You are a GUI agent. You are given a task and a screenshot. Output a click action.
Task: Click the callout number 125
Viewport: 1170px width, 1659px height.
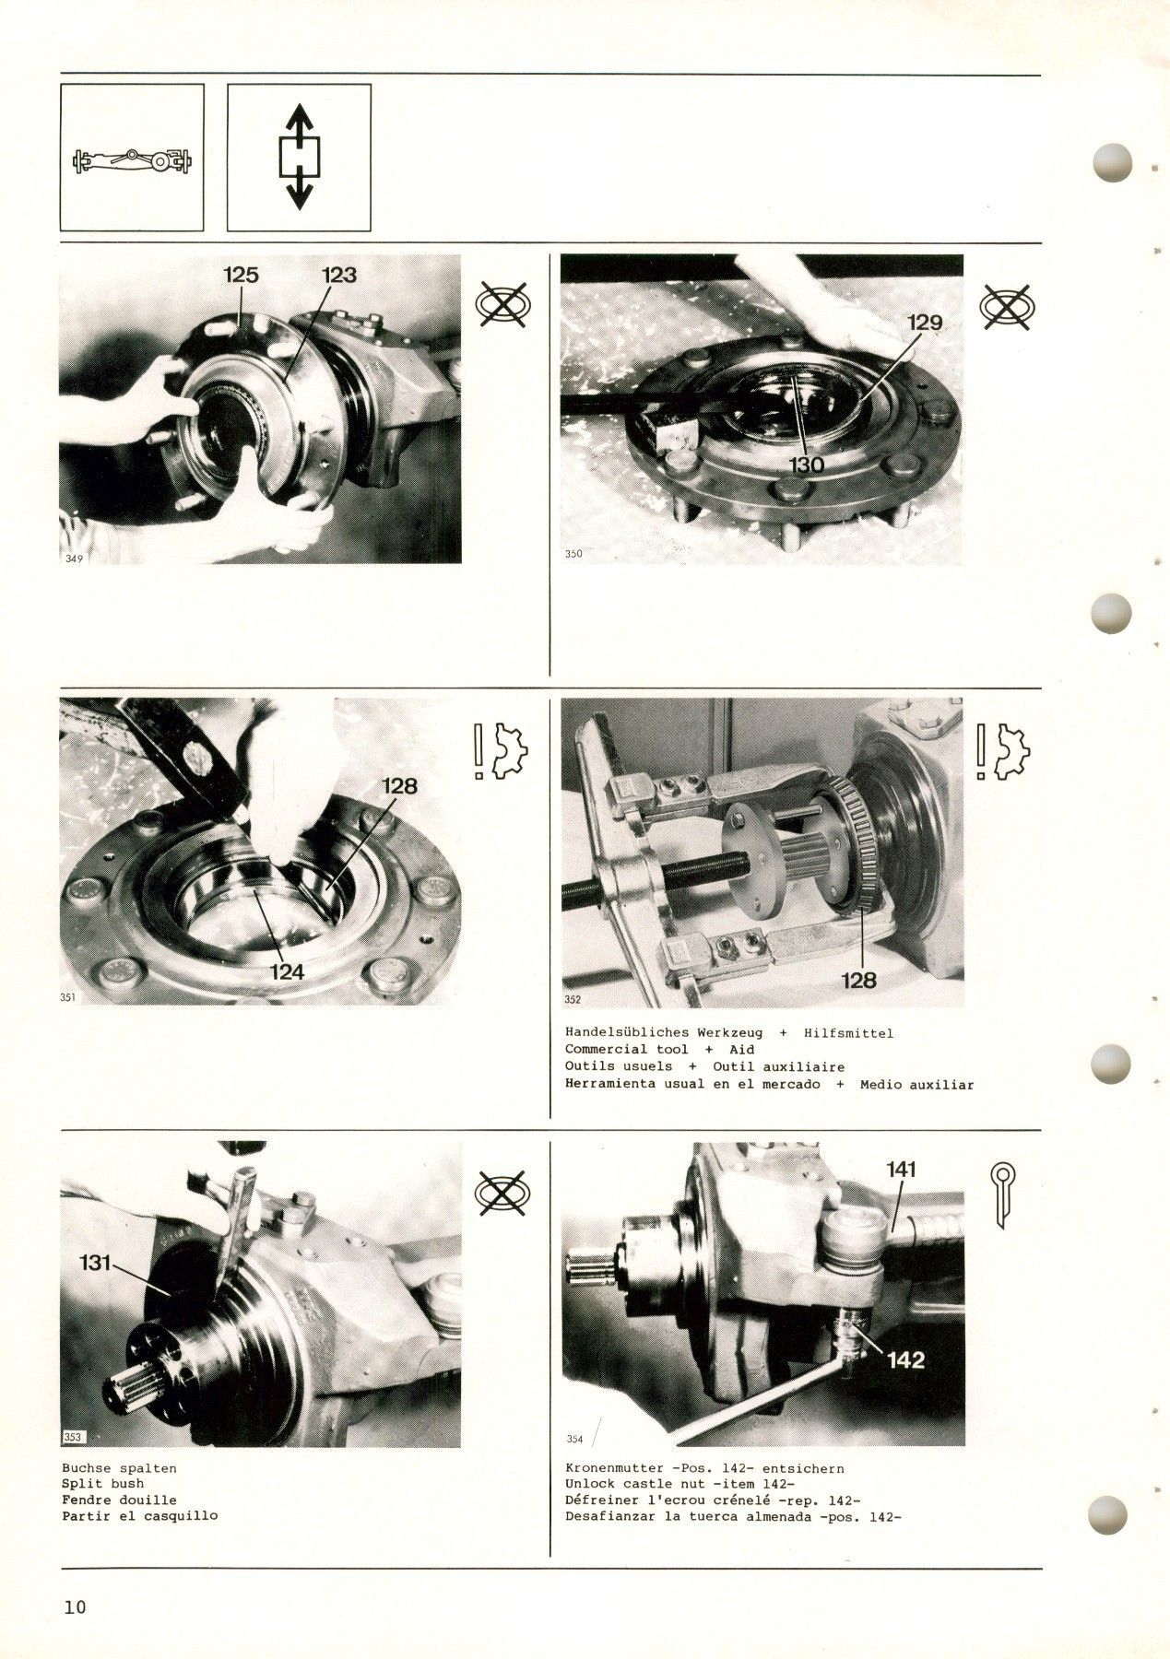coord(241,275)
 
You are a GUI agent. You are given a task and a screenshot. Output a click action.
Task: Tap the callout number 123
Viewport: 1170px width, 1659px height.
coord(338,275)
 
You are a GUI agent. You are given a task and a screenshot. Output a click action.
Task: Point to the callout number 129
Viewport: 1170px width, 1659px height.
coord(925,323)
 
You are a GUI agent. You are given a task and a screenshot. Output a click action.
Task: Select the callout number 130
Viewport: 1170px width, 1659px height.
coord(807,465)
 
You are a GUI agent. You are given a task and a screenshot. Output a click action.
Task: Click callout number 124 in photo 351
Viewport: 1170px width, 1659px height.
coord(287,971)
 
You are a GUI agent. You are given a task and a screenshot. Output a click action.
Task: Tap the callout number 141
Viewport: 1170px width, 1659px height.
coord(901,1170)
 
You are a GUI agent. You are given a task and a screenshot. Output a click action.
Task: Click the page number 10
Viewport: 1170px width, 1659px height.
coord(75,1607)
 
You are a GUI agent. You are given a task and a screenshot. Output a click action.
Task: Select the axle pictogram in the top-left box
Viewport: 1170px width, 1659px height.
coord(132,161)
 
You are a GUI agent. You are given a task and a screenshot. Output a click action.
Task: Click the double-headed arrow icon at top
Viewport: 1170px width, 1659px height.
coord(298,157)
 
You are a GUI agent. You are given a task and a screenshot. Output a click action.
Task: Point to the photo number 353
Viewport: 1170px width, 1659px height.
coord(73,1437)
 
